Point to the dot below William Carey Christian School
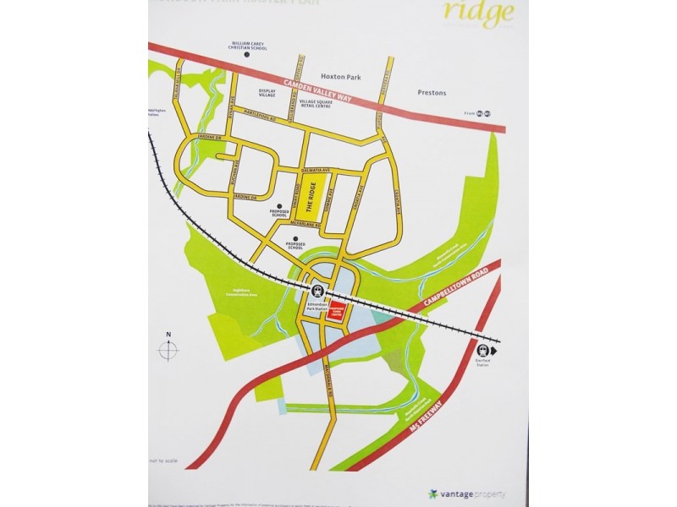[x=242, y=59]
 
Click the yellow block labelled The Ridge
[x=322, y=199]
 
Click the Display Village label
[x=268, y=94]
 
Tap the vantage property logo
[x=464, y=493]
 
